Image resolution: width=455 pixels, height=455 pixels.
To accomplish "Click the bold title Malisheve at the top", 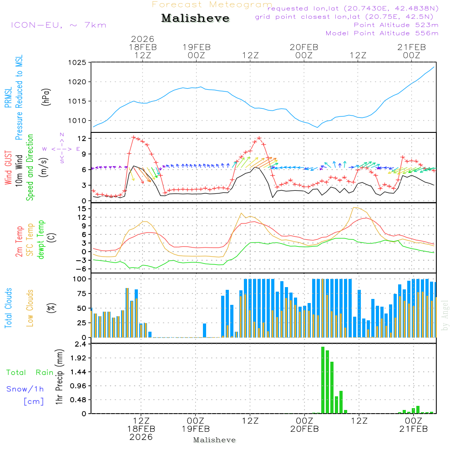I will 195,19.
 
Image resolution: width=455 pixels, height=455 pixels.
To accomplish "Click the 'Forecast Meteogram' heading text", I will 212,5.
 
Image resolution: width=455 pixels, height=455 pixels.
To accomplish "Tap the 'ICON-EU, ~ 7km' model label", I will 58,25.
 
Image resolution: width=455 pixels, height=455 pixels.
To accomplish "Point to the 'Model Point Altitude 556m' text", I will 382,33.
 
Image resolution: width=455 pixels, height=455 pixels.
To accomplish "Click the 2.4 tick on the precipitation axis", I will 80,344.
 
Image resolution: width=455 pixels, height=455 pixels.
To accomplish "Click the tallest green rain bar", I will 323,380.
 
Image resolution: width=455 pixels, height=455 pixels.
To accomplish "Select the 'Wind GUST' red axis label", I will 9,169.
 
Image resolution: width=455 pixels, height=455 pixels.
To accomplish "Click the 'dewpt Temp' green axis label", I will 41,240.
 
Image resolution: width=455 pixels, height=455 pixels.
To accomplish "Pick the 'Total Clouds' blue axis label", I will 9,308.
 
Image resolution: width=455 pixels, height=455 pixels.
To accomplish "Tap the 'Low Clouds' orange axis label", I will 30,308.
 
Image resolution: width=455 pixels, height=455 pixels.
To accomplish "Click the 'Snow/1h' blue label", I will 25,389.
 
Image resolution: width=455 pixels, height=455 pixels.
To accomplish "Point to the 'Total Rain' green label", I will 30,373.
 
